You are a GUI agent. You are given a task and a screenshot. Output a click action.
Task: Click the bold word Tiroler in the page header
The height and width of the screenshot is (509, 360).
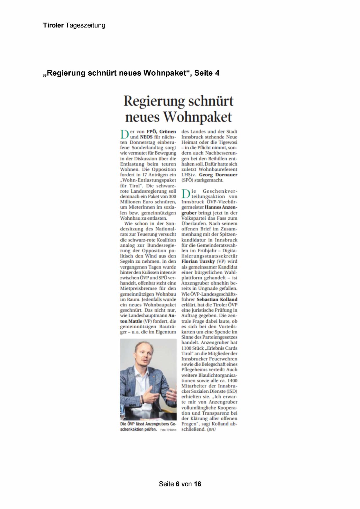pyautogui.click(x=53, y=25)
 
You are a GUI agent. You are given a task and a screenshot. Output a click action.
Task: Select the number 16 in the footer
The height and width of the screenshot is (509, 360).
pyautogui.click(x=198, y=484)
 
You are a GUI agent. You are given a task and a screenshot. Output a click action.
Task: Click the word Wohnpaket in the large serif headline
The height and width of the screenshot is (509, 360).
pyautogui.click(x=198, y=117)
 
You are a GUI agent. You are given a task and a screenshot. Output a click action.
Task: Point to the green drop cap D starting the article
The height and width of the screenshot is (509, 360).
pyautogui.click(x=124, y=134)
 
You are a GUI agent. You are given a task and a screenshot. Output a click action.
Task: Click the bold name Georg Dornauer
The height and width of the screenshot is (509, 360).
pyautogui.click(x=218, y=175)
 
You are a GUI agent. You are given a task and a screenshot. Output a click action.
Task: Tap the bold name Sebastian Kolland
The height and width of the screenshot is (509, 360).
pyautogui.click(x=217, y=299)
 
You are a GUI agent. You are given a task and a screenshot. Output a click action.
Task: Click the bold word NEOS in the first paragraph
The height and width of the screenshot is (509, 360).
pyautogui.click(x=146, y=137)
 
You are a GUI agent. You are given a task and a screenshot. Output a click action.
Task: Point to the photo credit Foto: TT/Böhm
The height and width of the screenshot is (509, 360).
pyautogui.click(x=168, y=430)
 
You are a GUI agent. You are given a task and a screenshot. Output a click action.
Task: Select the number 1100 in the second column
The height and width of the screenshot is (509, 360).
pyautogui.click(x=187, y=348)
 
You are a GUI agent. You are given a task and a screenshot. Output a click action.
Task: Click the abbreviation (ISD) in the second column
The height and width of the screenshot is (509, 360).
pyautogui.click(x=232, y=391)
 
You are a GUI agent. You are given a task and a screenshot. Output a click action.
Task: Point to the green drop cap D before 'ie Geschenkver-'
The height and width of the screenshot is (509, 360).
pyautogui.click(x=185, y=194)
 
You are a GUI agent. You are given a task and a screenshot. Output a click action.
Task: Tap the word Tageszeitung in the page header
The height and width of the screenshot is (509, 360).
pyautogui.click(x=85, y=25)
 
